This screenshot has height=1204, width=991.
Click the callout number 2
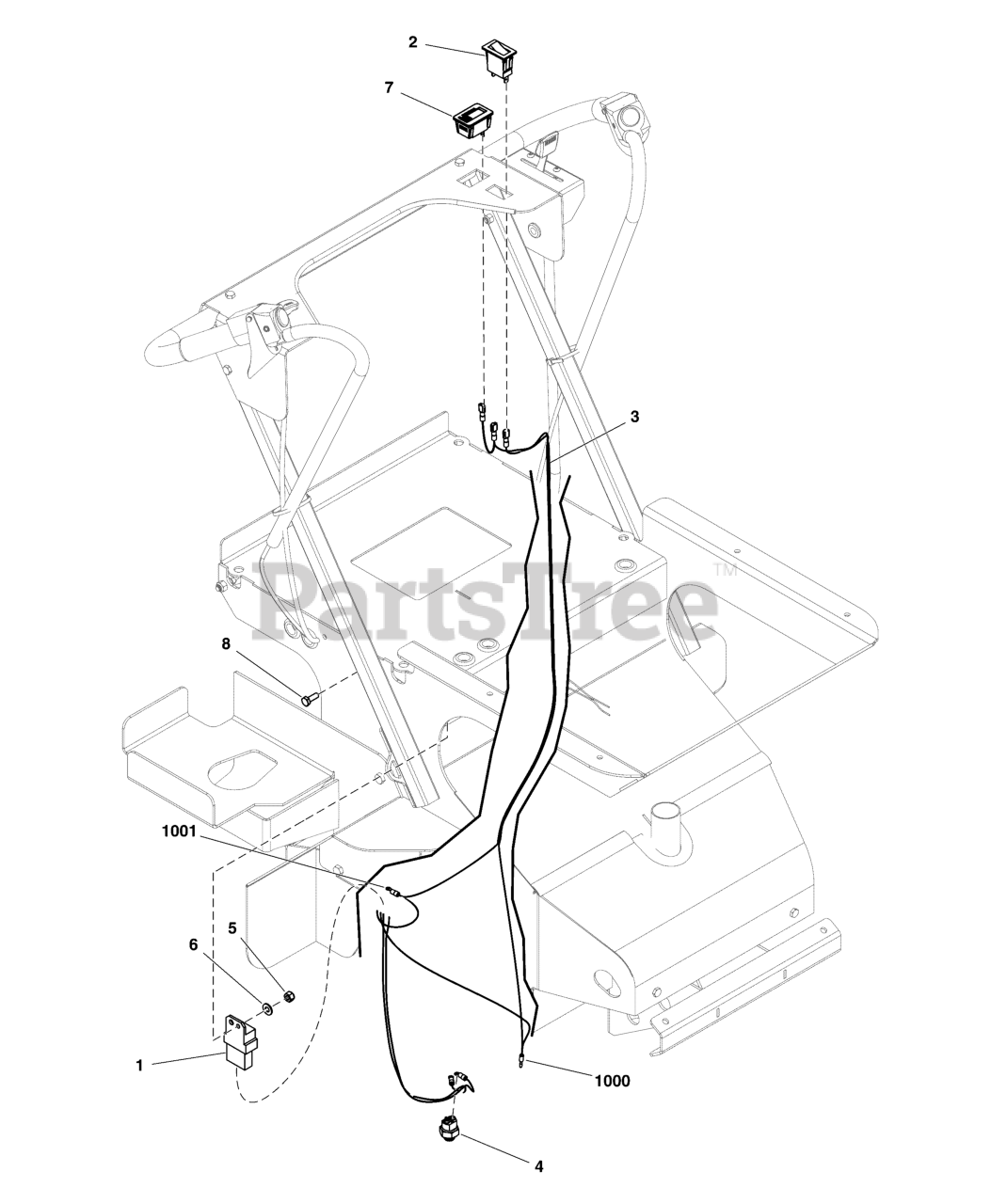coord(412,41)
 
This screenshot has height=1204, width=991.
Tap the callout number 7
coord(389,87)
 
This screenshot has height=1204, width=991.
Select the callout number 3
coord(634,416)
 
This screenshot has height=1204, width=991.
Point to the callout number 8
coord(225,643)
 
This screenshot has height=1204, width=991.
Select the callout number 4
coord(538,1167)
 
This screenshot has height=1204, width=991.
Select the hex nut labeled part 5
coord(290,995)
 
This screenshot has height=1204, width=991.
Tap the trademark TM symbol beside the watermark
coord(725,570)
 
